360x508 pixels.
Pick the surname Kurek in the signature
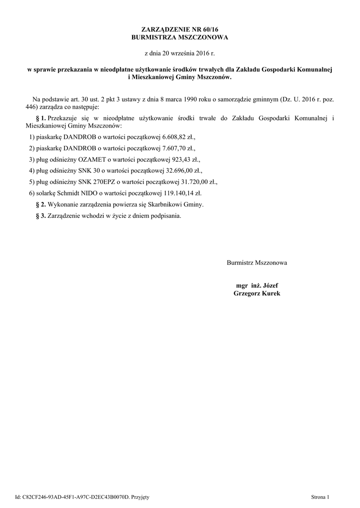click(x=271, y=294)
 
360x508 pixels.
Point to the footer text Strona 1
click(x=320, y=497)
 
